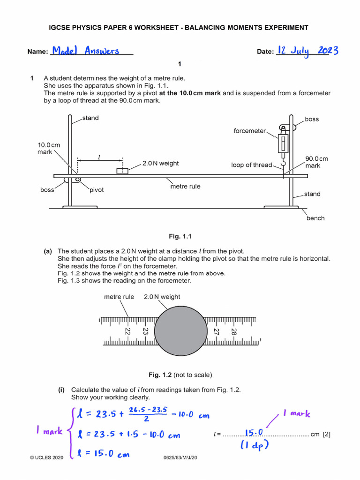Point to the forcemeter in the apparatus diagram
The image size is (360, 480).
coord(283,143)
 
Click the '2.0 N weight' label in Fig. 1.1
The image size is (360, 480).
coord(160,164)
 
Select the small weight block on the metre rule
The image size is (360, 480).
coord(122,171)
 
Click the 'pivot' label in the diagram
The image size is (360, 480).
coord(97,190)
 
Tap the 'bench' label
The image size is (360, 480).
coord(315,218)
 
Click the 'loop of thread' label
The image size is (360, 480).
coord(251,165)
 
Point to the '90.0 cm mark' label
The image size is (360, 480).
coord(316,162)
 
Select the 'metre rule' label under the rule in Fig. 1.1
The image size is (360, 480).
coord(185,187)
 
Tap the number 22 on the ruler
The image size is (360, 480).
coord(127,331)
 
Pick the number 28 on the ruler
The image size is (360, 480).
coord(234,331)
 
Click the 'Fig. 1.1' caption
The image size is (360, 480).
coord(180,236)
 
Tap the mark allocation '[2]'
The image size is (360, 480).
coord(326,434)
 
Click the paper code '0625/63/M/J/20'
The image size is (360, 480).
coord(180,457)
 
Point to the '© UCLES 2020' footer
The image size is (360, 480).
coord(46,457)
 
